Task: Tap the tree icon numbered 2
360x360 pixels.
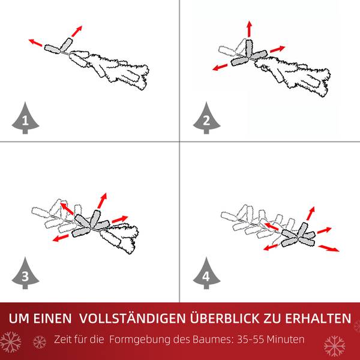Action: click(206, 120)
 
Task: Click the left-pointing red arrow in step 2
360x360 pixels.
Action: click(220, 66)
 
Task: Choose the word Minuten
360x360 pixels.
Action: click(285, 340)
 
